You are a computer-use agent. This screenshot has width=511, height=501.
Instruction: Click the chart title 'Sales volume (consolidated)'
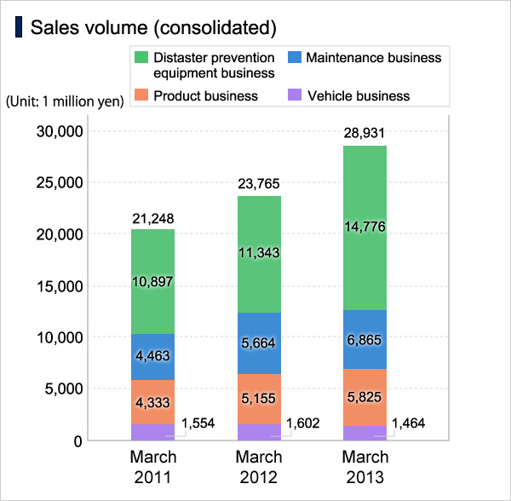tap(153, 27)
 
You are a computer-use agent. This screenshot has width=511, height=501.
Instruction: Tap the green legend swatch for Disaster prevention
tap(141, 58)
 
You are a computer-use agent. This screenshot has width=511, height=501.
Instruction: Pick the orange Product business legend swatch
tap(141, 95)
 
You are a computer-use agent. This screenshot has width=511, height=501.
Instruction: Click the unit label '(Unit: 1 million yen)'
tap(65, 101)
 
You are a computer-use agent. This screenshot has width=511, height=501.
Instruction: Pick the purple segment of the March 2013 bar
tap(365, 433)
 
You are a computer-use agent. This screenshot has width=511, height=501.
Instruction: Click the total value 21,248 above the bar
tap(153, 219)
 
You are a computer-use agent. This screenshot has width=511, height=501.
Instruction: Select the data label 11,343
tap(259, 253)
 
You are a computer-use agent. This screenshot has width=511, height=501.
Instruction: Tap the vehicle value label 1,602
tap(307, 423)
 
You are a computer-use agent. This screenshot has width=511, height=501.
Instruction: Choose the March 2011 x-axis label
tap(153, 466)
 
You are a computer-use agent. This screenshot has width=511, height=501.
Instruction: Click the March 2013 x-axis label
tap(365, 466)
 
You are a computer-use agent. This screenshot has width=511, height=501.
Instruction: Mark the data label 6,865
tap(365, 339)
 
